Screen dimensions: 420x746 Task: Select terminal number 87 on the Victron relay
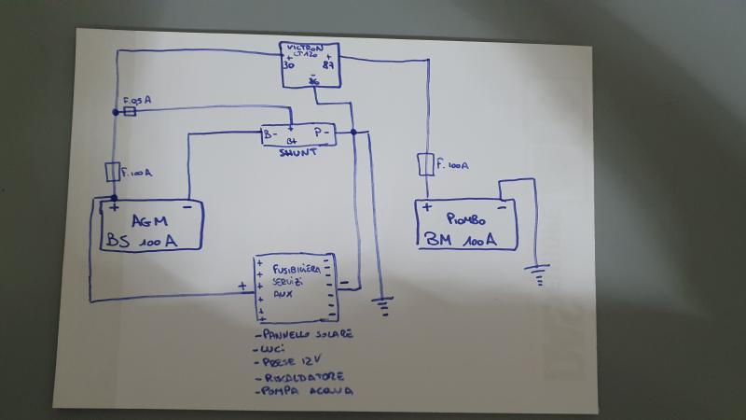[x=328, y=66]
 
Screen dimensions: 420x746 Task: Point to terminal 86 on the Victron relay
[x=313, y=82]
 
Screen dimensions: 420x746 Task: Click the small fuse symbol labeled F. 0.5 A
[x=131, y=111]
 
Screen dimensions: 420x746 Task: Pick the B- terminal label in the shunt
[x=269, y=134]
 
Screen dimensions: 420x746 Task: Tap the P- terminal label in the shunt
[x=320, y=133]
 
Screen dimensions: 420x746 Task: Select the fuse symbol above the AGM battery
[x=113, y=173]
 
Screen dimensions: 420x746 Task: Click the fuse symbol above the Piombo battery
[x=426, y=165]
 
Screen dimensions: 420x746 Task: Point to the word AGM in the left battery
[x=148, y=221]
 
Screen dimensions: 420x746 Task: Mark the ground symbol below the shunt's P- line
[x=382, y=302]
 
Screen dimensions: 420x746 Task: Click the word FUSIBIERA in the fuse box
[x=297, y=269]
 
